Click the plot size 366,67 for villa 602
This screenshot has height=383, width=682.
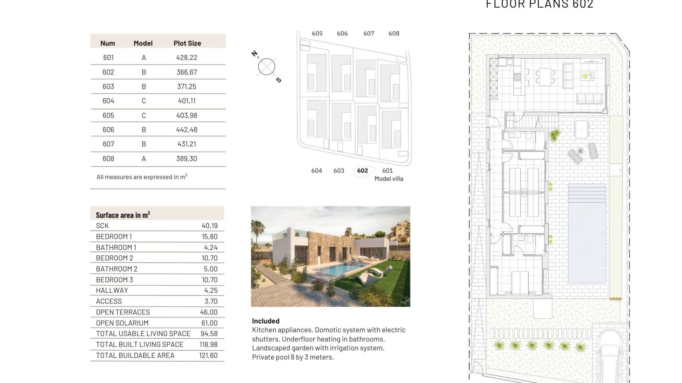coord(187,72)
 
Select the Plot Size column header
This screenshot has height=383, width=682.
coord(187,43)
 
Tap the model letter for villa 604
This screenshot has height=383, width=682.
coord(144,100)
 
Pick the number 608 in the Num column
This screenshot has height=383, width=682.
coord(108,158)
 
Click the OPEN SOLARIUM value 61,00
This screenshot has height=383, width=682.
coord(209,323)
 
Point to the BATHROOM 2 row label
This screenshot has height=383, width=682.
coord(117,269)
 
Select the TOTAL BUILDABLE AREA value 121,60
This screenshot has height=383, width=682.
coord(208,355)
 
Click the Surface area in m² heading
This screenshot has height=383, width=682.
coord(123,215)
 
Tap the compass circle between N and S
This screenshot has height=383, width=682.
coord(266,66)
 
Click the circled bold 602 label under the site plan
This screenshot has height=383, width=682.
coord(362,171)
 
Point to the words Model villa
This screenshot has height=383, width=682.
coord(389,179)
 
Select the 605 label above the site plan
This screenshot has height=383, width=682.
coord(317,34)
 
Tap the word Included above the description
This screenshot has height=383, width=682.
coord(266,321)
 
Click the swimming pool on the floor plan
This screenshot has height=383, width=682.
coord(587,234)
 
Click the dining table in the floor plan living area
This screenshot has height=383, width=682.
coord(545,76)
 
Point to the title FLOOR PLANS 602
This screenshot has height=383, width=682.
coord(540,4)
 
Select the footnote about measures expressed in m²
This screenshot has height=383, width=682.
coord(142,177)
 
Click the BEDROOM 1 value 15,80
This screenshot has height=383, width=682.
coord(209,237)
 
